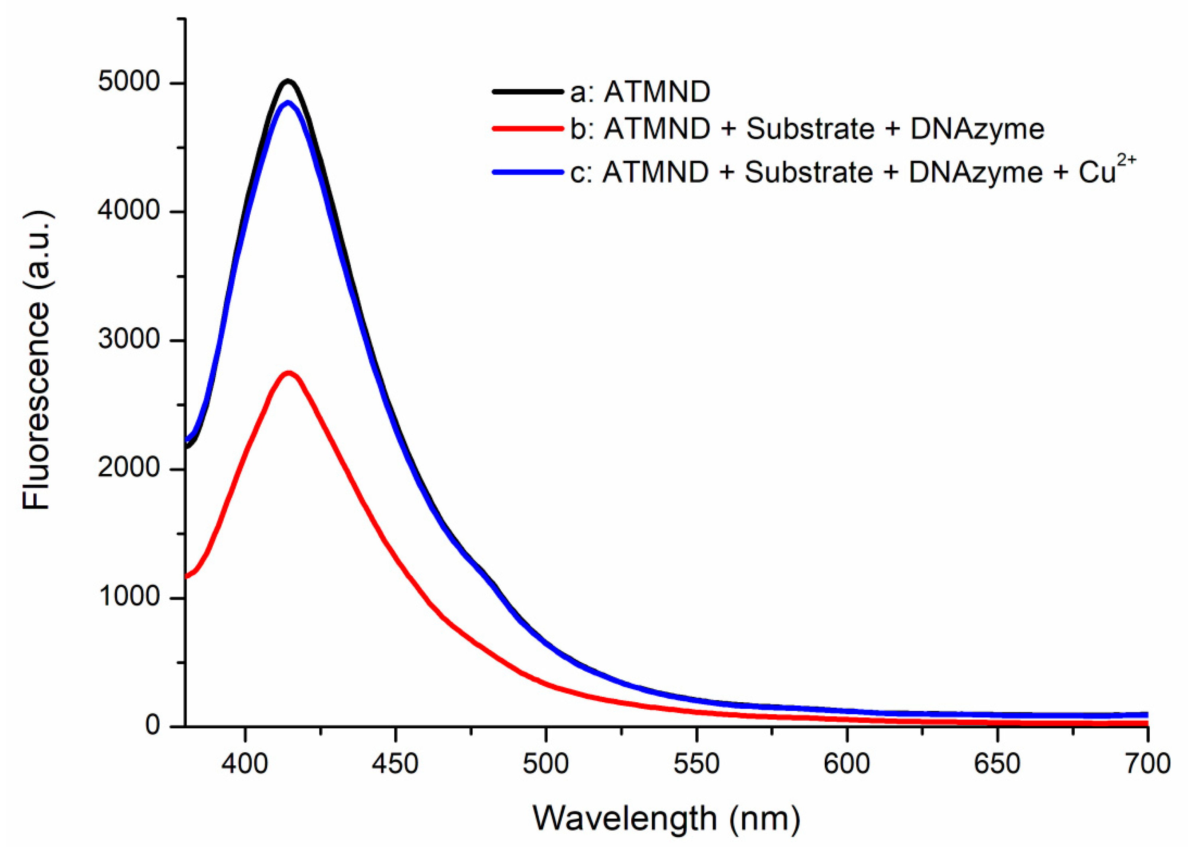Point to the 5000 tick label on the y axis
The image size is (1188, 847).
coord(128,83)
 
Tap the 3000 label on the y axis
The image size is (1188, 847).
coord(128,340)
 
